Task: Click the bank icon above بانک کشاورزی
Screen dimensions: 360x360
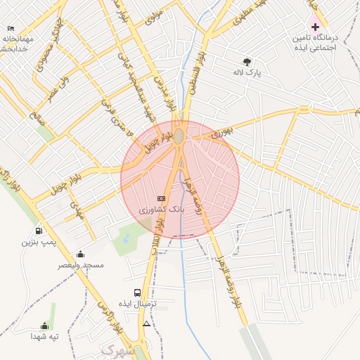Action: pyautogui.click(x=161, y=199)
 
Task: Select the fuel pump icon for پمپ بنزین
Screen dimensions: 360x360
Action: pyautogui.click(x=38, y=231)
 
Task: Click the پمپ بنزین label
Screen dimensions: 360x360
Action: pyautogui.click(x=38, y=242)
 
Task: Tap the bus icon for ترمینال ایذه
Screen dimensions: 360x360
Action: pyautogui.click(x=137, y=292)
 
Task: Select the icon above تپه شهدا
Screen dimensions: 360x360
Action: pyautogui.click(x=44, y=326)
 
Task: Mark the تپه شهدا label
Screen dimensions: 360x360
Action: pyautogui.click(x=44, y=337)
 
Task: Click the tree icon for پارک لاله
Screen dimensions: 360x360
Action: pyautogui.click(x=246, y=62)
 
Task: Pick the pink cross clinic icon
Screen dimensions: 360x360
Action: pyautogui.click(x=314, y=26)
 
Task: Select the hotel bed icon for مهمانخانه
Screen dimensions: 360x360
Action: pyautogui.click(x=11, y=28)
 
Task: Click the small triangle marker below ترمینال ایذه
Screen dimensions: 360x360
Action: pyautogui.click(x=146, y=323)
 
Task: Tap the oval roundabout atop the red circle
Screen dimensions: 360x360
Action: pyautogui.click(x=179, y=135)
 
